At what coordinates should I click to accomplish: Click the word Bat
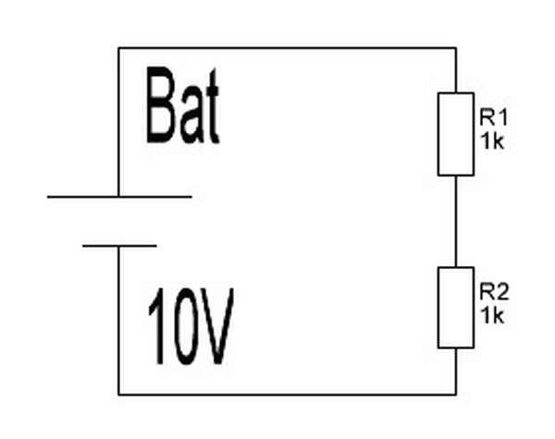[x=183, y=110]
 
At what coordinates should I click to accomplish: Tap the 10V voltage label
[x=191, y=329]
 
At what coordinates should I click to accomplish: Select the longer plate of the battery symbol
[x=119, y=196]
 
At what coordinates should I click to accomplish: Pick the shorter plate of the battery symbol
[x=119, y=246]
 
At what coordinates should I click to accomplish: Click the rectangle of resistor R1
[x=456, y=134]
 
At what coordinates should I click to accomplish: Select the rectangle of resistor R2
[x=456, y=308]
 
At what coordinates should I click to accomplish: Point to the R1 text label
[x=493, y=117]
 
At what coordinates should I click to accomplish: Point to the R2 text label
[x=493, y=291]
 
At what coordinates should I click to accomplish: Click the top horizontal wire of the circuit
[x=287, y=48]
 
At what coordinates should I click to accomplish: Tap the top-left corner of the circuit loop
[x=119, y=48]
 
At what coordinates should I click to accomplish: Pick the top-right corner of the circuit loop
[x=456, y=48]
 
